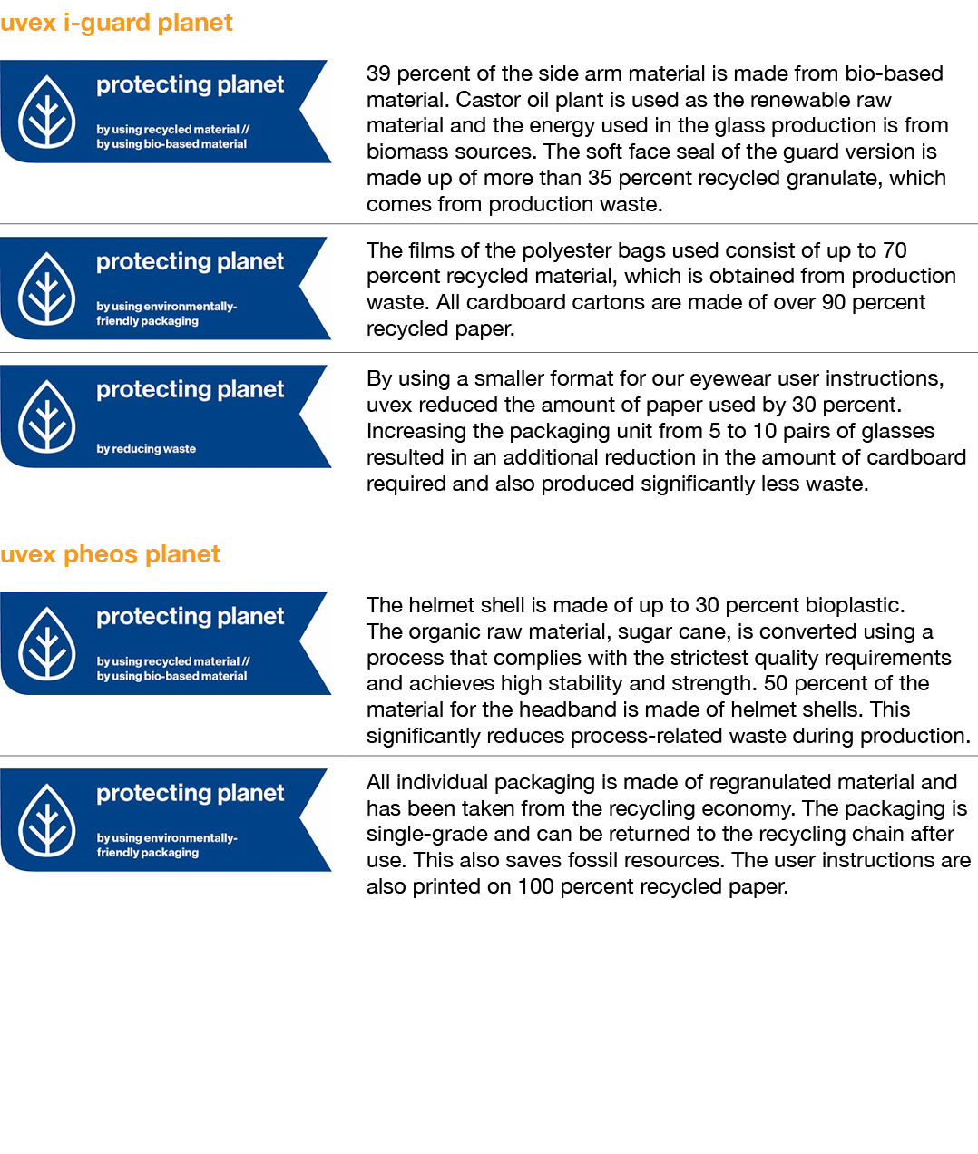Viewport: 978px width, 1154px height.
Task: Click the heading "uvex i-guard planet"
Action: point(116,23)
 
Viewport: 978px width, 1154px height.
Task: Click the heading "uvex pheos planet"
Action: point(110,554)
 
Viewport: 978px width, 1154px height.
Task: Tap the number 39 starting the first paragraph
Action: point(378,73)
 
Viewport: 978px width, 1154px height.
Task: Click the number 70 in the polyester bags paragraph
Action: point(894,250)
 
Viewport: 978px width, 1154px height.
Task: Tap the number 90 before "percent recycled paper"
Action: point(834,302)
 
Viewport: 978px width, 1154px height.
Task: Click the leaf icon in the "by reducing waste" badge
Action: point(47,416)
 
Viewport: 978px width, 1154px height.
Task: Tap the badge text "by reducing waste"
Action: point(146,448)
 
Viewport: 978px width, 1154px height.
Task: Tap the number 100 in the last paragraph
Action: point(535,886)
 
